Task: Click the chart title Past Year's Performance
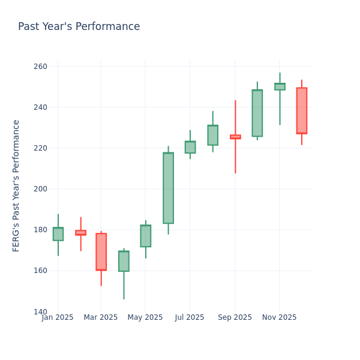tap(79, 27)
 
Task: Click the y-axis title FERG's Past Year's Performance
tap(16, 185)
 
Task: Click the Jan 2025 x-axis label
tap(58, 317)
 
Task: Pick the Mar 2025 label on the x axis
tap(101, 317)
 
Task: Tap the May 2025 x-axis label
tap(145, 317)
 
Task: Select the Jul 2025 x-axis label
tap(190, 317)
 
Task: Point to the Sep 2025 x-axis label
tap(235, 317)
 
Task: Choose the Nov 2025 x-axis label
tap(280, 317)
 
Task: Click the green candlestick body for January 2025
tap(58, 234)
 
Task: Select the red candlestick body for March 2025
tap(101, 251)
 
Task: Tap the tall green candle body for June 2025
tap(168, 188)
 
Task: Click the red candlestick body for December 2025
tap(302, 110)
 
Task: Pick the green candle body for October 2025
tap(257, 113)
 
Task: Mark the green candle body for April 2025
tap(124, 261)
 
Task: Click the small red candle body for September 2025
tap(235, 137)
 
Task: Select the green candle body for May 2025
tap(146, 236)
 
